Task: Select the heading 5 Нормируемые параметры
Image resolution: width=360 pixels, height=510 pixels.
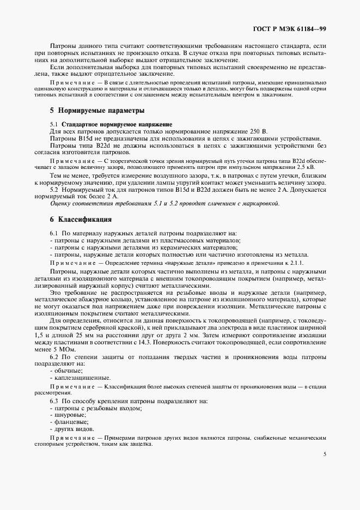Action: tap(97, 111)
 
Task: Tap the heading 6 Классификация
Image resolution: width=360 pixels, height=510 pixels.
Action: tap(81, 220)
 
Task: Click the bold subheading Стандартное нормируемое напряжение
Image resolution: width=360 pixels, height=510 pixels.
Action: tap(117, 125)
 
